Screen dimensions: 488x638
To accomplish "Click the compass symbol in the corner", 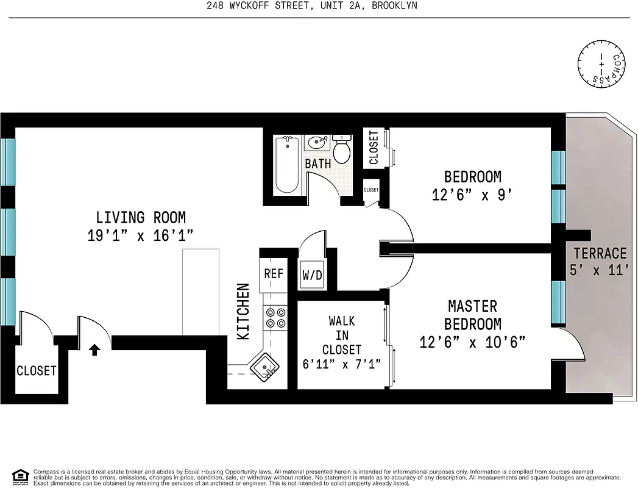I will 602,63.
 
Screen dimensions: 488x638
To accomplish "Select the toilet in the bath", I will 342,149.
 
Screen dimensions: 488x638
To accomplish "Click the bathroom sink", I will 317,143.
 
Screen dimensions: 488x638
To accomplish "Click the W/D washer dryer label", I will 312,275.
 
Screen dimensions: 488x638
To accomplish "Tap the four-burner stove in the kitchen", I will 275,317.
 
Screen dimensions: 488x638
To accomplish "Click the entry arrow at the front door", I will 94,350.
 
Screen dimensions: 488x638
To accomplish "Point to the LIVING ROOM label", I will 141,217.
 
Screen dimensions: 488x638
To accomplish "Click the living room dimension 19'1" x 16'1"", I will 141,236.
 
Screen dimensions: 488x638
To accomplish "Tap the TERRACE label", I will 600,253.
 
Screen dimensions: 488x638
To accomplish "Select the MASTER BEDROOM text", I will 472,315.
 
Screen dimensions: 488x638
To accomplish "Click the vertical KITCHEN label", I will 243,311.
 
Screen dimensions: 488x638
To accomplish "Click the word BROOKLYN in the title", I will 390,6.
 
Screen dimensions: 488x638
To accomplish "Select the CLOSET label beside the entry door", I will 37,371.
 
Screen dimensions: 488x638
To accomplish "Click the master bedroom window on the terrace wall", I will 558,302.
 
